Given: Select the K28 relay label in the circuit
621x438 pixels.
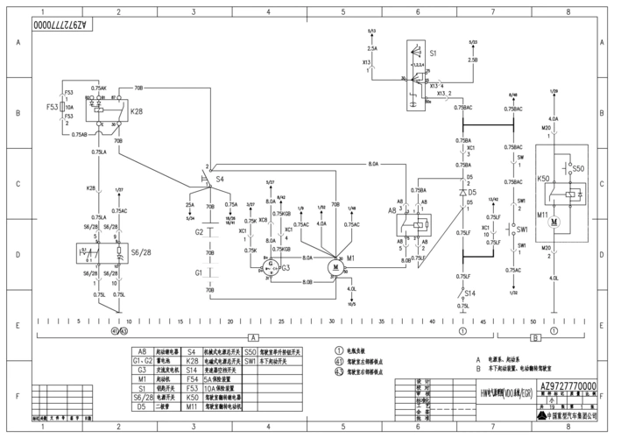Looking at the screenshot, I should pos(137,113).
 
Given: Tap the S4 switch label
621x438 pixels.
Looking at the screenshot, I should pos(220,179).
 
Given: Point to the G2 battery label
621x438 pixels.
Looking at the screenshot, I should pos(199,232).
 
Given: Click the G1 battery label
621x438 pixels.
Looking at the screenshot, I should pos(199,273).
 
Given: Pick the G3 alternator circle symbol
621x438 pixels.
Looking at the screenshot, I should pos(272,264).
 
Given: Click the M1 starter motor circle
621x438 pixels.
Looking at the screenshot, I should pos(334,264).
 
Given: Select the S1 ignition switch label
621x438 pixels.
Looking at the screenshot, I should pos(432,53).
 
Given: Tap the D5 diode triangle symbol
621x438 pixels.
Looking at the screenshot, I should pos(462,192).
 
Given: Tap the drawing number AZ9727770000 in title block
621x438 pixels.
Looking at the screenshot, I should pos(568,386).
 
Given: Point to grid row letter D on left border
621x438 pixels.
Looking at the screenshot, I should pos(17,254).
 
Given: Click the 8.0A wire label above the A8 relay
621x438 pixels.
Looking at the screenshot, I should pos(373,164).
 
